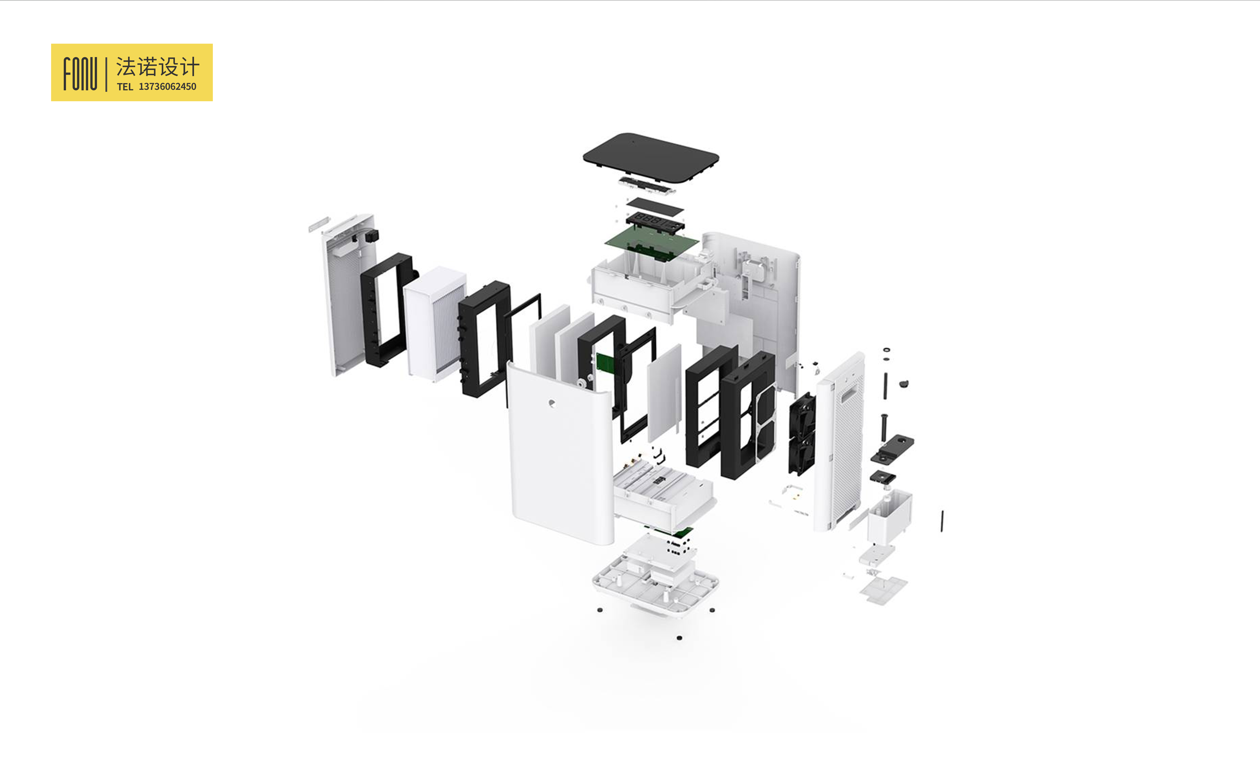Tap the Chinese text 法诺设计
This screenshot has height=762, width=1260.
coord(158,66)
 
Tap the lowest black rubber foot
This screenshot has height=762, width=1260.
coord(679,638)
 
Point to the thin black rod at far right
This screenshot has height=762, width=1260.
coord(942,521)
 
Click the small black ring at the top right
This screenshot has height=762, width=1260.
coord(886,350)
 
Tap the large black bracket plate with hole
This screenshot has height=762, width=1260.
coord(892,449)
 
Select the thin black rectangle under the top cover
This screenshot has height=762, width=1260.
coord(654,207)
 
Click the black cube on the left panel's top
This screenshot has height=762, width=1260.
coord(372,236)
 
